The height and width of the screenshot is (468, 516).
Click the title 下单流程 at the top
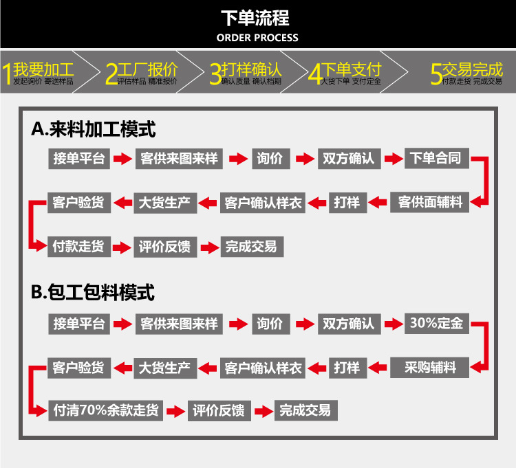point(257,17)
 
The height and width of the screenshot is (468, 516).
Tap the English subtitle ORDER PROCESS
point(257,37)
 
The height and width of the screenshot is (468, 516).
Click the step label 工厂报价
point(148,69)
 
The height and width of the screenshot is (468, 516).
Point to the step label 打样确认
point(252,69)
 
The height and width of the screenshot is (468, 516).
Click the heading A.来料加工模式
point(94,129)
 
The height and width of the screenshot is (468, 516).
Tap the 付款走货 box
point(78,246)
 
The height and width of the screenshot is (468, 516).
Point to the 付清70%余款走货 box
point(106,410)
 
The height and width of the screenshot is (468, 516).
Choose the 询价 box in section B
point(270,324)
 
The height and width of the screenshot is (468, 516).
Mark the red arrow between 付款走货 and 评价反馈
point(122,247)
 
